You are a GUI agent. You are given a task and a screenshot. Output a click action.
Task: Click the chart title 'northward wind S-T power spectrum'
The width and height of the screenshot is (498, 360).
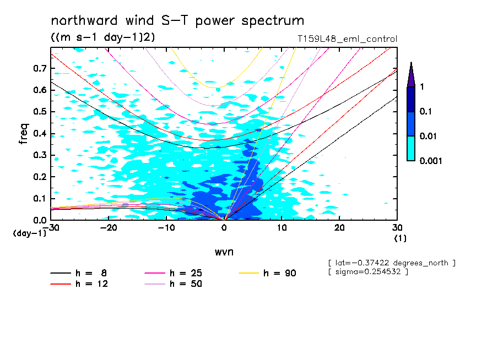click(x=177, y=21)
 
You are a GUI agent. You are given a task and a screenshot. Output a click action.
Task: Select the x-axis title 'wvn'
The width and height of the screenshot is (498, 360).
click(x=224, y=252)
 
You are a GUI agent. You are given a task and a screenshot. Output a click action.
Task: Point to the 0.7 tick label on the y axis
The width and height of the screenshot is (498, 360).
click(x=39, y=68)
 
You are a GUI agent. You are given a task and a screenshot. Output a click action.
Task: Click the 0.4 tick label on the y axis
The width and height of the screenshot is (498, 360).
click(x=39, y=133)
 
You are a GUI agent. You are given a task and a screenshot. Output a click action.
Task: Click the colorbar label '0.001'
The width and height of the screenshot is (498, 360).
click(x=431, y=161)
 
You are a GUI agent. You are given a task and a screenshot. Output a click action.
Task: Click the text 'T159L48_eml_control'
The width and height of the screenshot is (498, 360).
click(x=347, y=39)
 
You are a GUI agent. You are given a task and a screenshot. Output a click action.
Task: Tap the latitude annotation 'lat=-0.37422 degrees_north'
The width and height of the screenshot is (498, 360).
click(x=391, y=263)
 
